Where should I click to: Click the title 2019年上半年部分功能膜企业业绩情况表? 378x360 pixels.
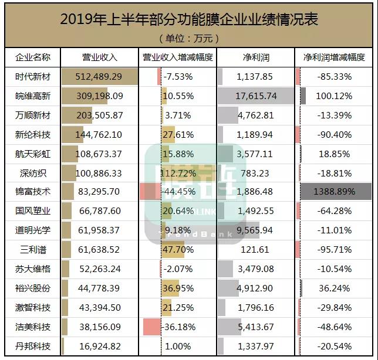click(x=189, y=19)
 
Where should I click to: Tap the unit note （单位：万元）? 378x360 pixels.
click(x=189, y=39)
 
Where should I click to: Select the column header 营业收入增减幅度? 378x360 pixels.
click(x=178, y=57)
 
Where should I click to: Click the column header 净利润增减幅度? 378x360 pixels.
click(x=334, y=57)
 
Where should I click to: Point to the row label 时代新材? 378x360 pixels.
click(x=33, y=77)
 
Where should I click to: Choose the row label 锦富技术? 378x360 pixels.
click(x=33, y=192)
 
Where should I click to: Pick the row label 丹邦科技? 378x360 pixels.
click(x=33, y=346)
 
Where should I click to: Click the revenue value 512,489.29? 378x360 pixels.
click(x=99, y=77)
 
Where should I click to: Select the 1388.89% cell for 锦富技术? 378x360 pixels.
click(x=335, y=192)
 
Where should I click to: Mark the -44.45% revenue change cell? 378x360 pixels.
click(x=178, y=192)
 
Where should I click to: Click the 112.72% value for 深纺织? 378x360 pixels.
click(x=178, y=173)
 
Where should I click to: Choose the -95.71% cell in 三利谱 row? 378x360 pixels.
click(x=334, y=250)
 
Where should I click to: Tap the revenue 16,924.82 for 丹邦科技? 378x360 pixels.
click(x=99, y=346)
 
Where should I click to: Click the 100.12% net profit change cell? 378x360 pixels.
click(x=334, y=96)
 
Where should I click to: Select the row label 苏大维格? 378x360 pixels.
click(x=33, y=269)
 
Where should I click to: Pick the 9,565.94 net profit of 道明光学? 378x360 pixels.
click(x=256, y=230)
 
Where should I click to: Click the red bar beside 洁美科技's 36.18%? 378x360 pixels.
click(x=151, y=327)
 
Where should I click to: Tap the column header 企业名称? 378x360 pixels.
click(x=33, y=57)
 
